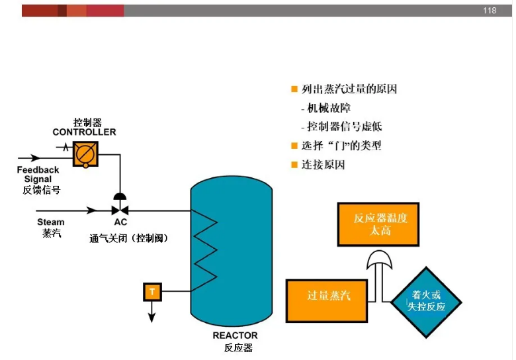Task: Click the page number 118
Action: [490, 11]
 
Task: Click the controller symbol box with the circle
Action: [85, 154]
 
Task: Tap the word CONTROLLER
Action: [84, 132]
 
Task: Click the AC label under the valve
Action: [120, 222]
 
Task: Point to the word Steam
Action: [51, 222]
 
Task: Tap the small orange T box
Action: [152, 291]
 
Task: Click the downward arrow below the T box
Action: [152, 312]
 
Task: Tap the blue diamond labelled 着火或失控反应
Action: [426, 301]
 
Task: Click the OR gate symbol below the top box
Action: [381, 261]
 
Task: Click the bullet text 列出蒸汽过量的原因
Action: [349, 89]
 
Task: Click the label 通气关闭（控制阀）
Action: [128, 238]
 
